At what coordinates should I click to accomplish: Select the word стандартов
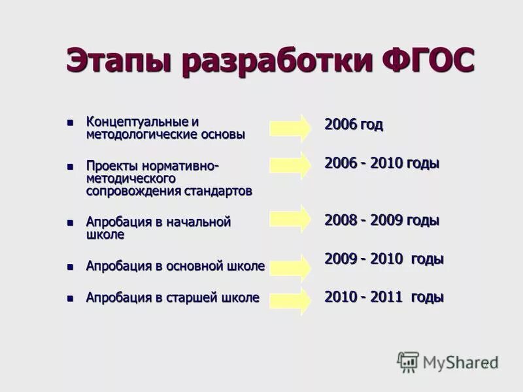[220, 191]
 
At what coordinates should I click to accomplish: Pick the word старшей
[195, 298]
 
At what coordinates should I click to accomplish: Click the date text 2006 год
[354, 125]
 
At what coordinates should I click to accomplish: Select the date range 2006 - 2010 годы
[382, 163]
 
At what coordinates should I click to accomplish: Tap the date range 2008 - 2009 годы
[382, 220]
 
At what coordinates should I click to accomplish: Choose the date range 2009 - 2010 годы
[384, 259]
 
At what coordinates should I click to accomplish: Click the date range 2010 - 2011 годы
[384, 297]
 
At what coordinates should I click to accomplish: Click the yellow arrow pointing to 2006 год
[291, 127]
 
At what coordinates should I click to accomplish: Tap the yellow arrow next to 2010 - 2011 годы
[291, 300]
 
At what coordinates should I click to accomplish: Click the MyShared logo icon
[408, 362]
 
